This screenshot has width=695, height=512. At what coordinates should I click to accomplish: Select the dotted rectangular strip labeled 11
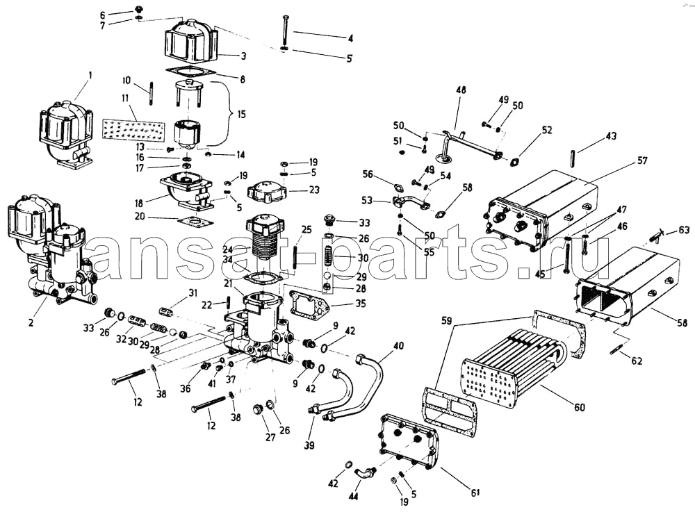[133, 129]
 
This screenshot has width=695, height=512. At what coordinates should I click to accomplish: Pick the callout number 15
[241, 113]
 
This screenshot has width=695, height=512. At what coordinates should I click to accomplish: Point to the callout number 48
[461, 90]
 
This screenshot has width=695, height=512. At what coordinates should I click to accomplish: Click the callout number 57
[641, 161]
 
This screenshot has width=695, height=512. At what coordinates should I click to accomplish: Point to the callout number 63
[684, 229]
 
